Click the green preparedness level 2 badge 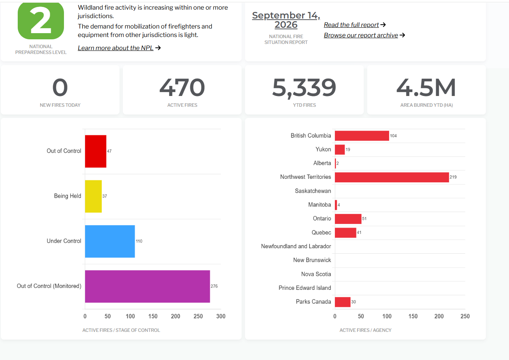pos(41,20)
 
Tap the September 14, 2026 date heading pos(286,20)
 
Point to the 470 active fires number pos(182,87)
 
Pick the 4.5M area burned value pos(426,87)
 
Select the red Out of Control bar pos(96,151)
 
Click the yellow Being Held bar pos(93,196)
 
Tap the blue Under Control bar pos(110,241)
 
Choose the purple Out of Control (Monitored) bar pos(148,286)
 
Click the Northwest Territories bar pos(392,177)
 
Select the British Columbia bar pos(362,136)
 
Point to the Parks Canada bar pos(343,302)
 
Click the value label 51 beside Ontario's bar pos(364,219)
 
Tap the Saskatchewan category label pos(313,191)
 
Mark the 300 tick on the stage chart pos(221,316)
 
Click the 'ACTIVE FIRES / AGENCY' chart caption pos(365,330)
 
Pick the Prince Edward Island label pos(305,288)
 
